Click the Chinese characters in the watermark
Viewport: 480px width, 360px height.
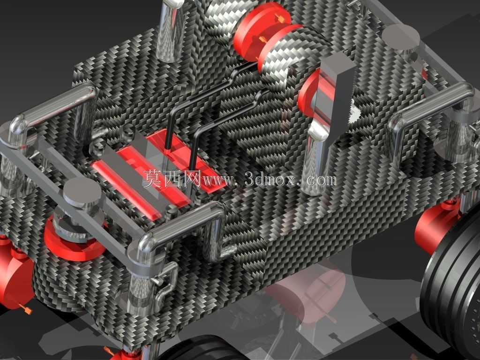click(x=172, y=179)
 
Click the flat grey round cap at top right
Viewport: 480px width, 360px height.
click(x=401, y=37)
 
